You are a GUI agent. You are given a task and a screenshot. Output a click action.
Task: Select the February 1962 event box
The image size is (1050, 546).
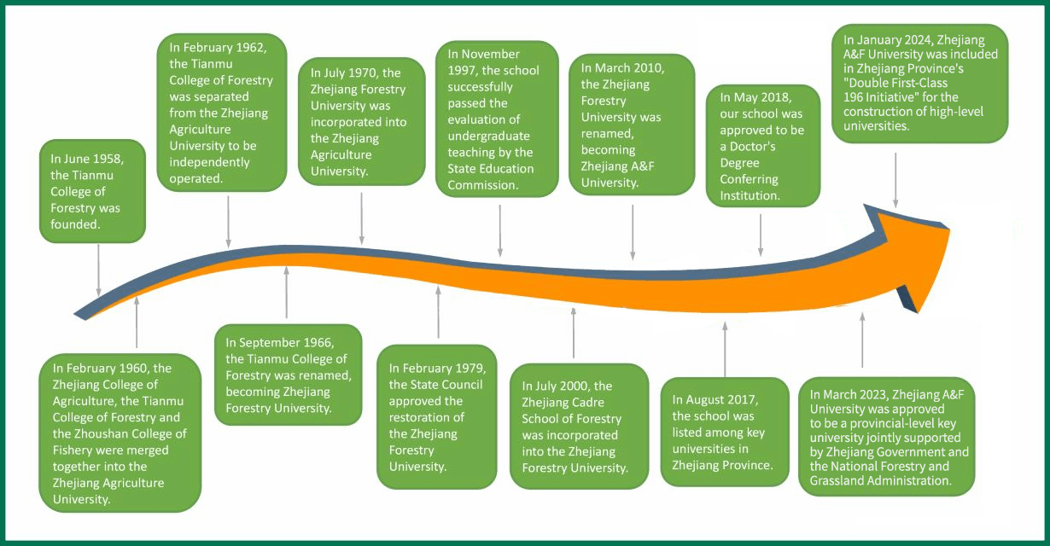[x=221, y=110]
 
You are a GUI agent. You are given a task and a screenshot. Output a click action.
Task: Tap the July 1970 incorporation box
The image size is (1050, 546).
[x=361, y=121]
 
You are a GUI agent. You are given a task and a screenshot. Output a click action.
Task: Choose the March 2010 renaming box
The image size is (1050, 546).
[x=630, y=122]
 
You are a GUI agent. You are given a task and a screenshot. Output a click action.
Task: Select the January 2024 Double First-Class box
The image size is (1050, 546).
[x=920, y=82]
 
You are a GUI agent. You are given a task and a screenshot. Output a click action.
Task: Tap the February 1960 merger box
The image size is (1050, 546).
[x=120, y=433]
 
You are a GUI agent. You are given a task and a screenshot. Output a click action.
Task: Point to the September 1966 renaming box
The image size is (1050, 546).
[x=287, y=374]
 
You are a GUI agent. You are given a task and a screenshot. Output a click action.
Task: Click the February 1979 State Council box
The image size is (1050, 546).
[x=436, y=416]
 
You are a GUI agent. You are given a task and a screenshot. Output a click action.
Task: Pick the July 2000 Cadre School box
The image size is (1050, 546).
[x=578, y=426]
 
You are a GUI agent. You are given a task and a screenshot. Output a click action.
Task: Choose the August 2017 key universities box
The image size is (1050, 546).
[x=724, y=432]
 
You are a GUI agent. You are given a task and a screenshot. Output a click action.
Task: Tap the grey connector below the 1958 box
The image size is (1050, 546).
[x=98, y=269]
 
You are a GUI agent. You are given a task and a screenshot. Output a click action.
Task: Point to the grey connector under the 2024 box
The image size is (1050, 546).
[x=895, y=179]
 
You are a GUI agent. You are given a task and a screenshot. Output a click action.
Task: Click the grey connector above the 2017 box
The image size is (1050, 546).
[x=725, y=350]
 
